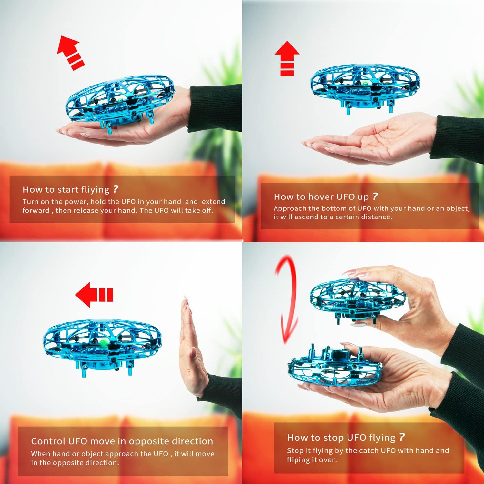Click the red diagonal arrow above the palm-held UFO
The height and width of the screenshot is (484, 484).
tap(70, 52)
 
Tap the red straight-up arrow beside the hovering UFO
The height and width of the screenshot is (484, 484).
tap(287, 58)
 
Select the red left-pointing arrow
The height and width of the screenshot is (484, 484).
tap(94, 295)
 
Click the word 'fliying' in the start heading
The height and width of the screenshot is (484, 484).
tap(95, 190)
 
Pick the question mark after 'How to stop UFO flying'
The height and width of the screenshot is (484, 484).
tap(401, 437)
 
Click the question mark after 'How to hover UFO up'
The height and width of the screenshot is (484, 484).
tap(375, 196)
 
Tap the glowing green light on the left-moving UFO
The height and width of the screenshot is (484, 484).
tap(103, 343)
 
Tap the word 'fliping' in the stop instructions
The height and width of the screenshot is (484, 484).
tap(298, 460)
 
